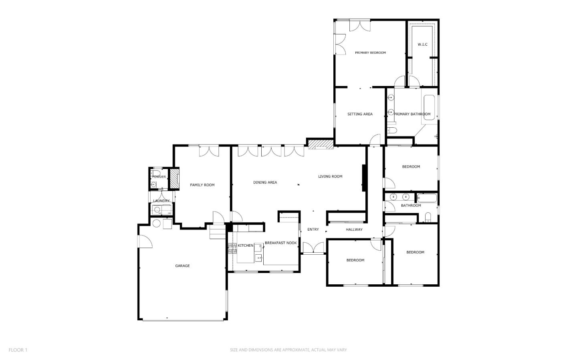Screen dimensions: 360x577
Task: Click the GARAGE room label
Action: click(182, 266)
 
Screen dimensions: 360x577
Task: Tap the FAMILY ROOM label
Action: click(202, 185)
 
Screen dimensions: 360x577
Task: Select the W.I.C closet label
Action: click(422, 44)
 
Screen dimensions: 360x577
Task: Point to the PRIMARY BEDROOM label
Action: click(370, 53)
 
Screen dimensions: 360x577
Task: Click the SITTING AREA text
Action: click(360, 114)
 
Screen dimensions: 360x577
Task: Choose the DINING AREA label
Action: click(265, 183)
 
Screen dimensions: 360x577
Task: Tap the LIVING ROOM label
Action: click(330, 177)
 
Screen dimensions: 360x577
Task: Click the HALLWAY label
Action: click(354, 230)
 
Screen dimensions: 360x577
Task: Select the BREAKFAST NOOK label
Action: click(280, 243)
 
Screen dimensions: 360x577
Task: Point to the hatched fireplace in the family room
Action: click(174, 179)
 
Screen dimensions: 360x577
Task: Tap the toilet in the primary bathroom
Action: click(391, 130)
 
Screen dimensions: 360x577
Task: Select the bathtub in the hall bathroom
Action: click(427, 198)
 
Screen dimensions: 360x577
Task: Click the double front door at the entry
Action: click(313, 248)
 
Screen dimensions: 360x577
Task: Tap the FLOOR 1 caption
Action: click(18, 350)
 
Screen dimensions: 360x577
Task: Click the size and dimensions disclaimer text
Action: click(288, 350)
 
